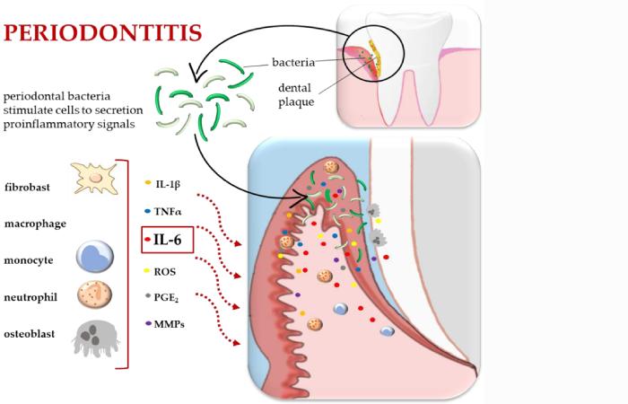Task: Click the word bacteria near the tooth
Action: pos(293,65)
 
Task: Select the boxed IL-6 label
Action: pos(170,240)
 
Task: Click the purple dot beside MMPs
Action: pos(146,322)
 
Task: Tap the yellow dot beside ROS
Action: pos(146,269)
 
